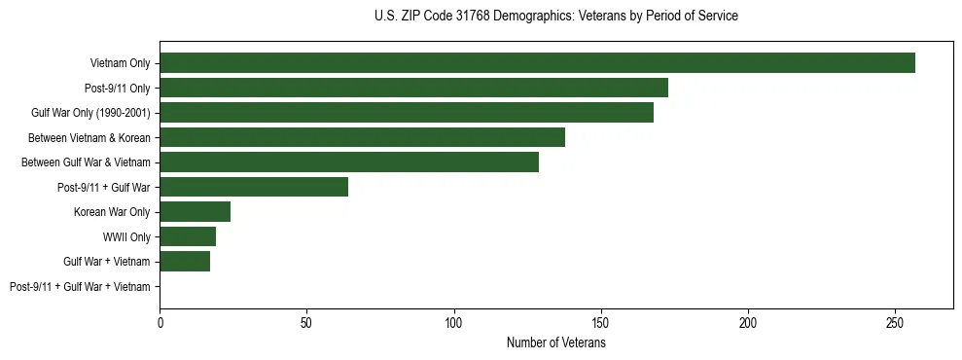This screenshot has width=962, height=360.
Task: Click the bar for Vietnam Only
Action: point(537,63)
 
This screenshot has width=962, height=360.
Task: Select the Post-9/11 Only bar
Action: point(413,88)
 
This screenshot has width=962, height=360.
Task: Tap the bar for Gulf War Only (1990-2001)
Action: point(407,113)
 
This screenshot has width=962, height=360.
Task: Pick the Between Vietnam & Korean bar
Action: point(362,137)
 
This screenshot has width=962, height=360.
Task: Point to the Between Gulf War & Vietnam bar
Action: point(349,162)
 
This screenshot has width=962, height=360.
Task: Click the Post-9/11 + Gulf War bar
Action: point(254,187)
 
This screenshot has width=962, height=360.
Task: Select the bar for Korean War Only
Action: point(195,211)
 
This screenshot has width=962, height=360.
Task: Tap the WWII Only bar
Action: point(188,236)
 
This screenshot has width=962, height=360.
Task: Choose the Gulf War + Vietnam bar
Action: point(185,261)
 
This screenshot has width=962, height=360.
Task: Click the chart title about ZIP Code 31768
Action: point(555,17)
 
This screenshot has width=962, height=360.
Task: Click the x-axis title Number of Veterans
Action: point(555,342)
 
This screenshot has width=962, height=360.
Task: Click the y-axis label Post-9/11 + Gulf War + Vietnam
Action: point(80,286)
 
